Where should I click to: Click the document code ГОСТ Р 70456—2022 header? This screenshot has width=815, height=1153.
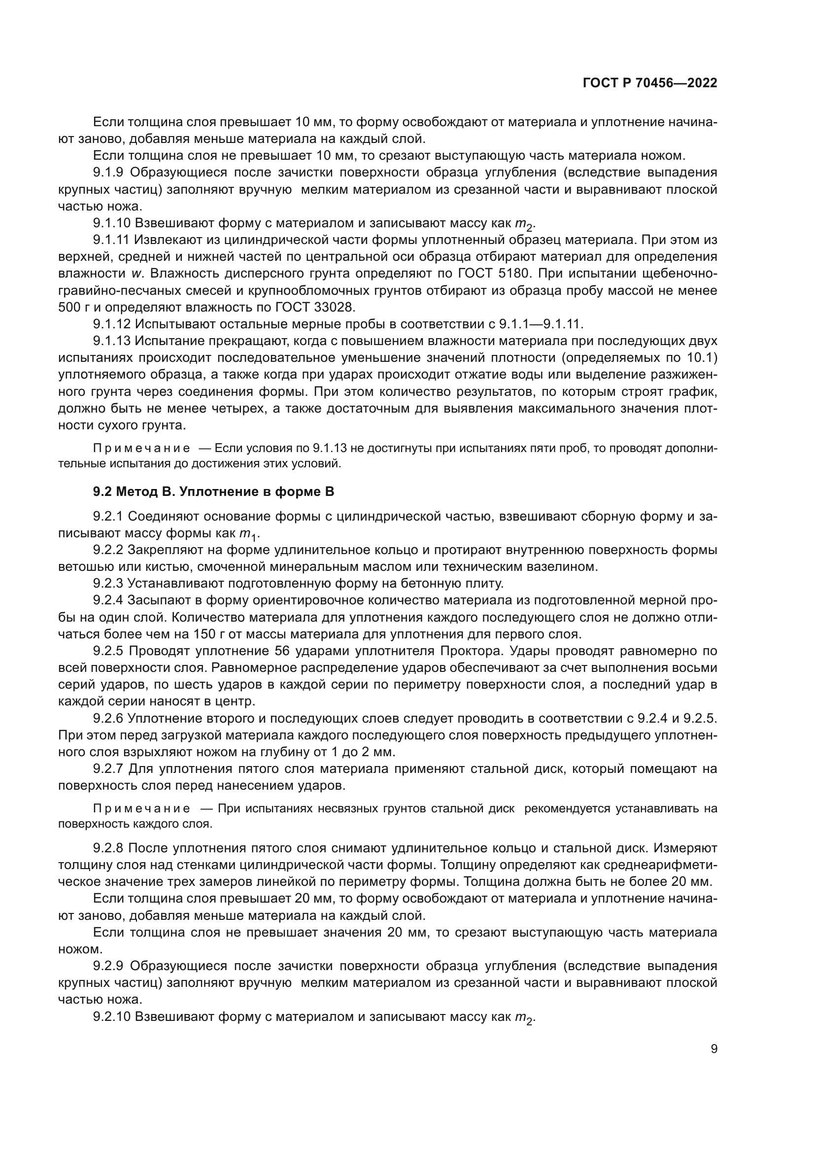(x=649, y=83)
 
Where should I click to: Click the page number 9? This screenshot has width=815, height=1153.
(x=713, y=1048)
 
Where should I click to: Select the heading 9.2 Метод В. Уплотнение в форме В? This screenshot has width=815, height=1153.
(x=213, y=491)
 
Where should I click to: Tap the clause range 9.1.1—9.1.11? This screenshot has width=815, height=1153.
(x=541, y=324)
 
